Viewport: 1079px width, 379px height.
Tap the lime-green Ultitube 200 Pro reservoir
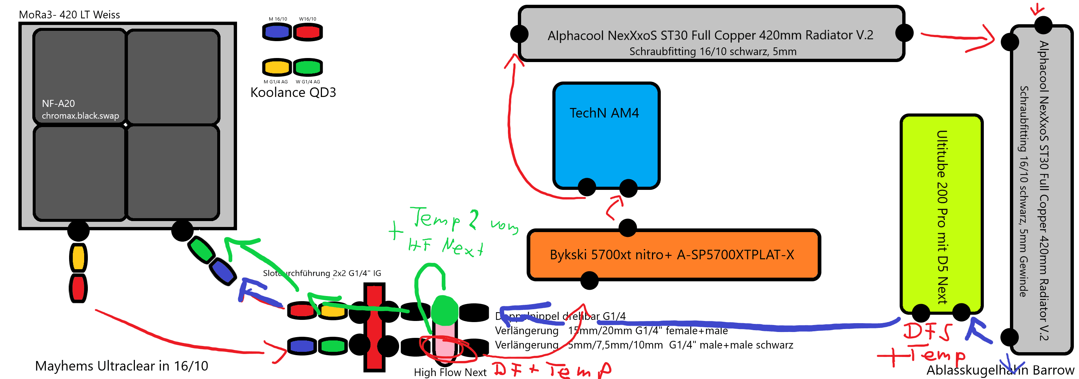point(941,214)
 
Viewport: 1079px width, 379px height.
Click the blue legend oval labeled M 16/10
point(277,32)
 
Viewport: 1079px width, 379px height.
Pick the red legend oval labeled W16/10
point(308,32)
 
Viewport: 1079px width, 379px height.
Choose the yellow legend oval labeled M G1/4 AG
point(277,67)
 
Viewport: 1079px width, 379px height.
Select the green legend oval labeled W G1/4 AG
point(308,67)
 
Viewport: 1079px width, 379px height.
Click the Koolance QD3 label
point(293,93)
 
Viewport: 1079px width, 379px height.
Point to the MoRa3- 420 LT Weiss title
point(69,15)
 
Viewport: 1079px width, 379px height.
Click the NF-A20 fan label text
point(58,104)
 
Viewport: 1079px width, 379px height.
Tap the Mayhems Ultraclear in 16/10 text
point(122,366)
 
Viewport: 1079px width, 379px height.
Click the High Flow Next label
point(450,372)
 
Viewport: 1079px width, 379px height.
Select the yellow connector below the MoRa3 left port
point(78,257)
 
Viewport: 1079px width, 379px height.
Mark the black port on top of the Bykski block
point(627,228)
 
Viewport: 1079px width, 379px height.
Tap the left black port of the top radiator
point(519,33)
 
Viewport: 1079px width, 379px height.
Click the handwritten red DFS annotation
point(927,331)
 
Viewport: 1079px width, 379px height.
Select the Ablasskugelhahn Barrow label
point(1000,370)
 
